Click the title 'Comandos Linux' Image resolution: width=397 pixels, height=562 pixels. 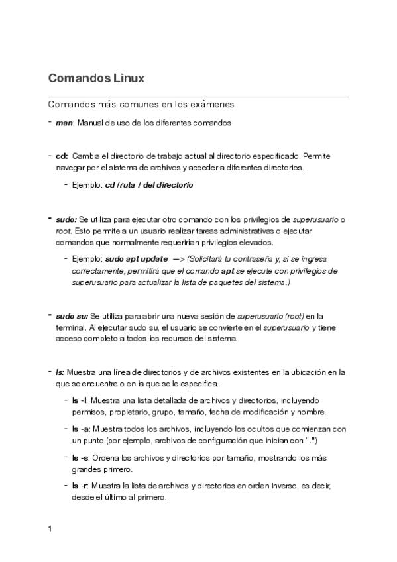tap(96, 78)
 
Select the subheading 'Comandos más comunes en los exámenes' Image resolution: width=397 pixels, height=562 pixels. tap(141, 105)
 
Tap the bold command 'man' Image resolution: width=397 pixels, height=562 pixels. tap(64, 123)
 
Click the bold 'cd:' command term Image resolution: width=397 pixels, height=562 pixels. tap(62, 156)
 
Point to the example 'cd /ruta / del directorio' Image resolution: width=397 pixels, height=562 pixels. tap(149, 185)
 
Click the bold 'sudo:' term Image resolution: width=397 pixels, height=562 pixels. tap(66, 219)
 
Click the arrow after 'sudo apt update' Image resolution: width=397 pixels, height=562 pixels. tap(178, 258)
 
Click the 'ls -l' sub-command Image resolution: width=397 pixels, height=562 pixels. tap(80, 400)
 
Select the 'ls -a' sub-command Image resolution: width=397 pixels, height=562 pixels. tap(80, 429)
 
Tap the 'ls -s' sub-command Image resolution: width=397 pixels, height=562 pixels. tap(80, 458)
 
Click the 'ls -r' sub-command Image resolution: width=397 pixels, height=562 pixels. tap(80, 486)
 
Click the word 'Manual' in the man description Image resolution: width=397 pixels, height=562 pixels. tap(90, 123)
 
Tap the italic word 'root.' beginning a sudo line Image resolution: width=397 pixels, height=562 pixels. tap(64, 231)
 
